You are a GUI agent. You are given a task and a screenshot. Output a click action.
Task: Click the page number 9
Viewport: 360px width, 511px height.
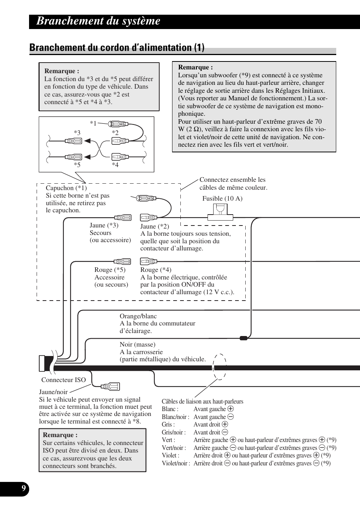[x=23, y=489]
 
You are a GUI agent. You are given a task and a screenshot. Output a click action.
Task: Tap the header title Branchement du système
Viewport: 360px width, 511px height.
[x=98, y=21]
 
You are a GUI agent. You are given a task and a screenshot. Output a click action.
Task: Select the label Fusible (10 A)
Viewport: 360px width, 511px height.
[x=222, y=198]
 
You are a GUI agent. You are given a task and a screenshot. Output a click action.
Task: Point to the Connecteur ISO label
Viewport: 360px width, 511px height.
[x=63, y=380]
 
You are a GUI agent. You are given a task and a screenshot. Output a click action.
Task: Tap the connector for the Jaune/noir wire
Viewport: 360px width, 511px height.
[x=110, y=386]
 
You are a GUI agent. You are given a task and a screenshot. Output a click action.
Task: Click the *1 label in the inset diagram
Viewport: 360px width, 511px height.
[x=93, y=123]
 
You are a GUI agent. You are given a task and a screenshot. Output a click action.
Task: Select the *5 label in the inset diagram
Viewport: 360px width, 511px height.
[x=77, y=164]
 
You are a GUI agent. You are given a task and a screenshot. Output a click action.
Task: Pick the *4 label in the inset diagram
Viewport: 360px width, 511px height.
[x=115, y=164]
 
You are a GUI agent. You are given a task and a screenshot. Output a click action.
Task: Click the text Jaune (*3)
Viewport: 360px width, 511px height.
[x=104, y=225]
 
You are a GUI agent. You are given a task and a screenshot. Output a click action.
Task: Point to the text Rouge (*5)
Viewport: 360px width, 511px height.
[x=110, y=270]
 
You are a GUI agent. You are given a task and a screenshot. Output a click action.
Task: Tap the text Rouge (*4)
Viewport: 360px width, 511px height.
[x=155, y=270]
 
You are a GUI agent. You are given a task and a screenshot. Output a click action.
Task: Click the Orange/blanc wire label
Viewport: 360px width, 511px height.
[x=138, y=316]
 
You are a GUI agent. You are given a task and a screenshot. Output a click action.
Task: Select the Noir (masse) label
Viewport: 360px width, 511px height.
[x=137, y=344]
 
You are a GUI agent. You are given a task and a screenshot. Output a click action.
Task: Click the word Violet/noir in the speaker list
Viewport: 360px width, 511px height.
[x=175, y=463]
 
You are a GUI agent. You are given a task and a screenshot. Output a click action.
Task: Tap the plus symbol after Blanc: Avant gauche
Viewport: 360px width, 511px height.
[x=231, y=409]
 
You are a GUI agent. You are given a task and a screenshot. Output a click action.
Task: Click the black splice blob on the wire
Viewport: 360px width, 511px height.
[x=244, y=338]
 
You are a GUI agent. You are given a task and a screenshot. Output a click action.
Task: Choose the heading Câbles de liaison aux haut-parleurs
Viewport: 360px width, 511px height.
[x=202, y=401]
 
